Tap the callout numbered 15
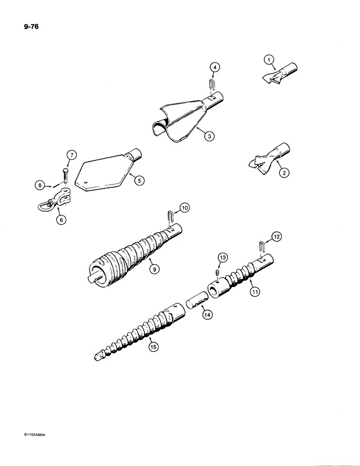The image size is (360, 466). coord(151,346)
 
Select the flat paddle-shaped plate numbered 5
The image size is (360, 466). coord(106,175)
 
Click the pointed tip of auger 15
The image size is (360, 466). coord(97,357)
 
